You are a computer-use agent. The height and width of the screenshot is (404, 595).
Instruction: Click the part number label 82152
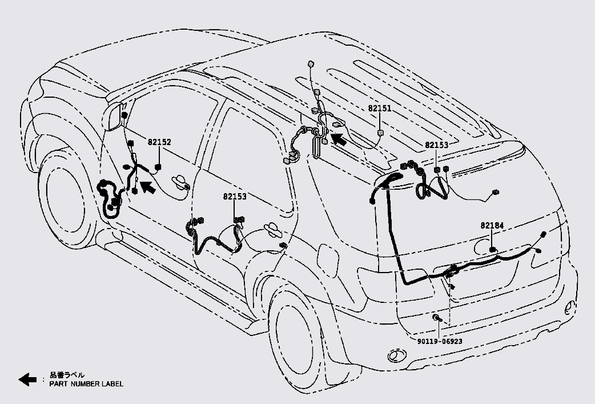(x=159, y=142)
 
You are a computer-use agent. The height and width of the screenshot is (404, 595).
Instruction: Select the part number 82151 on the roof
(x=380, y=108)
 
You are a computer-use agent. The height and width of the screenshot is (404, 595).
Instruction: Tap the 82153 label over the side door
(x=235, y=197)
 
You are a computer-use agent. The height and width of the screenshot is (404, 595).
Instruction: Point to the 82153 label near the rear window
(x=436, y=145)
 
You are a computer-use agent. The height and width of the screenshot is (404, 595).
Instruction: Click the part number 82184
(x=492, y=226)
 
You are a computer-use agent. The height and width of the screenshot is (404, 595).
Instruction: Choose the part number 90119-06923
(x=439, y=341)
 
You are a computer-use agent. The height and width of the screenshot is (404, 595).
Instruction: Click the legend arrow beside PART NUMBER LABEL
(x=27, y=379)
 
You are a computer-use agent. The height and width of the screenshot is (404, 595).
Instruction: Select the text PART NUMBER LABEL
(x=86, y=383)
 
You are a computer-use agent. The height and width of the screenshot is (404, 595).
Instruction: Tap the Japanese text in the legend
(x=67, y=375)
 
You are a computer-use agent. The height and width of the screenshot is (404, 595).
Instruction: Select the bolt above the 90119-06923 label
(x=436, y=317)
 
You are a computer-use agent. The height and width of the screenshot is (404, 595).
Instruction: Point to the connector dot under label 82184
(x=492, y=250)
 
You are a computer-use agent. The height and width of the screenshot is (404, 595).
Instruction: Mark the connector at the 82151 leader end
(x=380, y=133)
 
